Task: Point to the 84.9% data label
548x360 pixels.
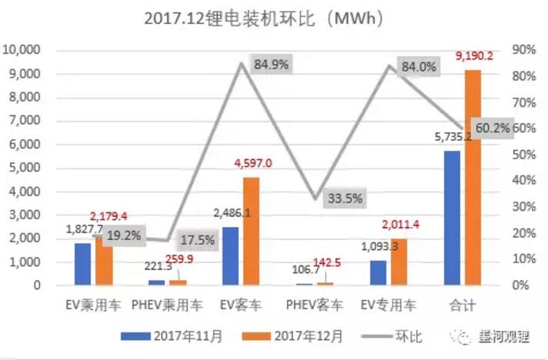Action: (271, 65)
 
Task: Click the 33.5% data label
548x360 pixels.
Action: (343, 198)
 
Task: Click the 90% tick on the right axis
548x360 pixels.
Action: (526, 50)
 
